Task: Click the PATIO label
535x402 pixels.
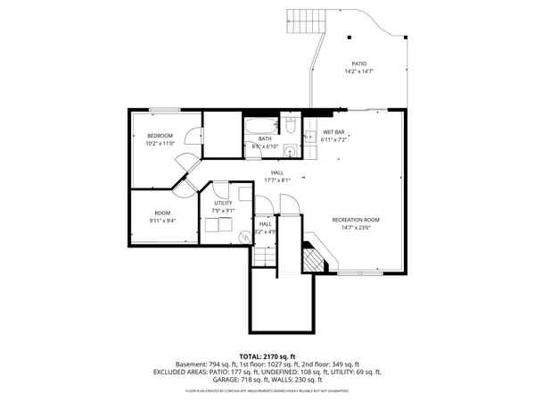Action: point(358,63)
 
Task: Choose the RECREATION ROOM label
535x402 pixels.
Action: point(356,220)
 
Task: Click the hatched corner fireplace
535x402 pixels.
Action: point(314,258)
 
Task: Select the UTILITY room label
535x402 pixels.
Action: point(222,204)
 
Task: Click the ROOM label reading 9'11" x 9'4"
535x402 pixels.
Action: point(161,213)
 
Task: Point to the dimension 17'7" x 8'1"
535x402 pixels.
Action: point(278,180)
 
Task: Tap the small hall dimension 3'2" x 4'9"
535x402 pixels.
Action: point(265,231)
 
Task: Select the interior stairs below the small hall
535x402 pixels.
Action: point(261,257)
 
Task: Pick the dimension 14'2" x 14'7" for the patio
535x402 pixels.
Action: point(358,71)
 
